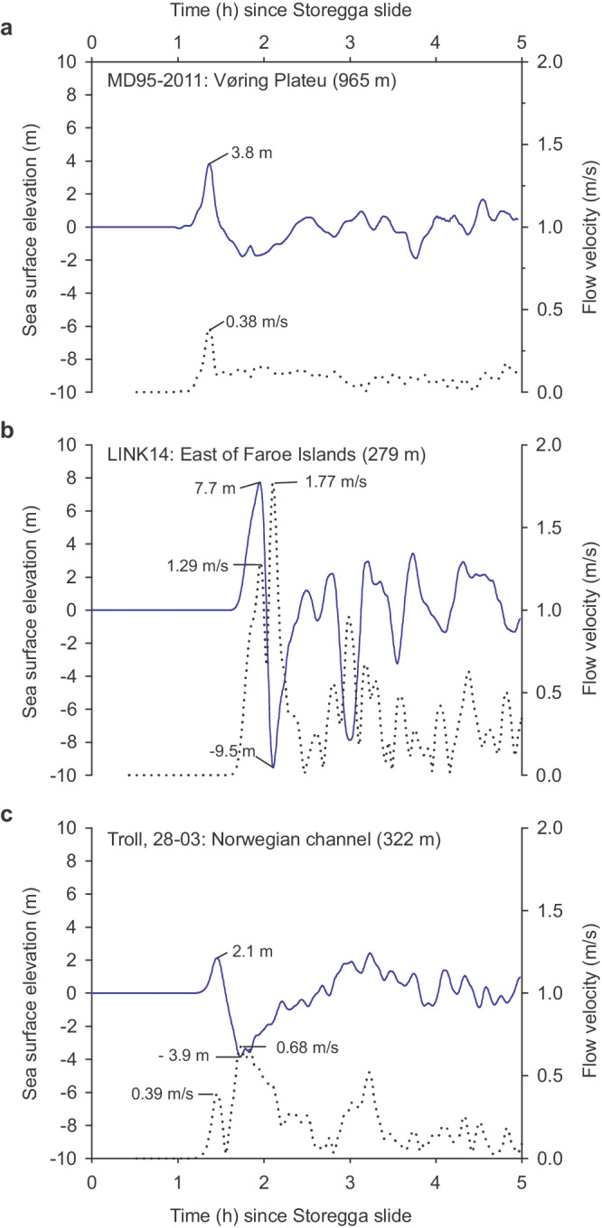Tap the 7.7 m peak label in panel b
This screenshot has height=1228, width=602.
pyautogui.click(x=214, y=488)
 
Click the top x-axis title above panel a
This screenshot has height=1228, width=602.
pyautogui.click(x=306, y=11)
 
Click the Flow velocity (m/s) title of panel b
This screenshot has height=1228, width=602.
pyautogui.click(x=590, y=609)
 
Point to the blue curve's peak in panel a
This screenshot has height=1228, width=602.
pyautogui.click(x=210, y=163)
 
